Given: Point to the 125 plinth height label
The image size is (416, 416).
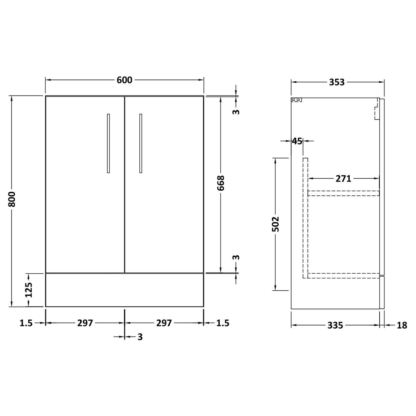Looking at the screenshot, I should (29, 290).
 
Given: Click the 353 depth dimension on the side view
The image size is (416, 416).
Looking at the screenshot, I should (336, 82).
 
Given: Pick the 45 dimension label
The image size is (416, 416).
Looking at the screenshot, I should (297, 141).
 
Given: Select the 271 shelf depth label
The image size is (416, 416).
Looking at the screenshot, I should (343, 178).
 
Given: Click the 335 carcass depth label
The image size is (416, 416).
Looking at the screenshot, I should (335, 325).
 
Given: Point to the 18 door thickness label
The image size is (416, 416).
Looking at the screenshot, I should (401, 325).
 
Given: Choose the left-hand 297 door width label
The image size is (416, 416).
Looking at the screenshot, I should (85, 323).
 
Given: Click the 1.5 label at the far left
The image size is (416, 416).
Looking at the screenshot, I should (26, 323).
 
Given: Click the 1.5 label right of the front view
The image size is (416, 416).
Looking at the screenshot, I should (223, 323).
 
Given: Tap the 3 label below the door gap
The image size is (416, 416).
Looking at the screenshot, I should (140, 337).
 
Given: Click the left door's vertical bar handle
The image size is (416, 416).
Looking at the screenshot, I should (108, 143).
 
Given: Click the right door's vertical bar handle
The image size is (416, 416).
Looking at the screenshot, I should (141, 143).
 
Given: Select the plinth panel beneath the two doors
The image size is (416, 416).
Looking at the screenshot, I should (124, 290).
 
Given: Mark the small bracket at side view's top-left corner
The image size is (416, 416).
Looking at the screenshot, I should (297, 100).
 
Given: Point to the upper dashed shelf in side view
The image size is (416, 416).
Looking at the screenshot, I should (343, 193).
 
